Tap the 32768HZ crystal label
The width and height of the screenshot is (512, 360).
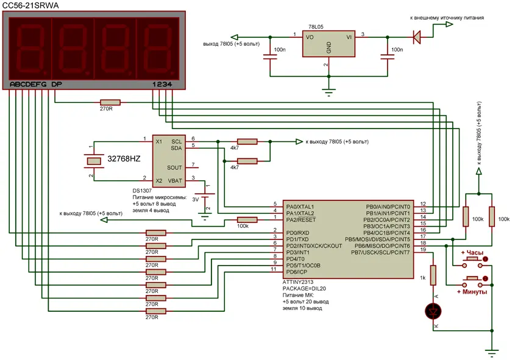pos(124,159)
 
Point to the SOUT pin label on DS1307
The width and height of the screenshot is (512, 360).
pos(174,167)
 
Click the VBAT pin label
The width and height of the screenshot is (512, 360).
pos(174,180)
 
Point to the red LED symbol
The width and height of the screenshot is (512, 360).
pos(433,312)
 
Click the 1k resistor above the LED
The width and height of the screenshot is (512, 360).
pos(433,275)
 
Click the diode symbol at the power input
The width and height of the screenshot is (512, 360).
pos(416,37)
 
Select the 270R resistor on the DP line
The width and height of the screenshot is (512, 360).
pos(110,102)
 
